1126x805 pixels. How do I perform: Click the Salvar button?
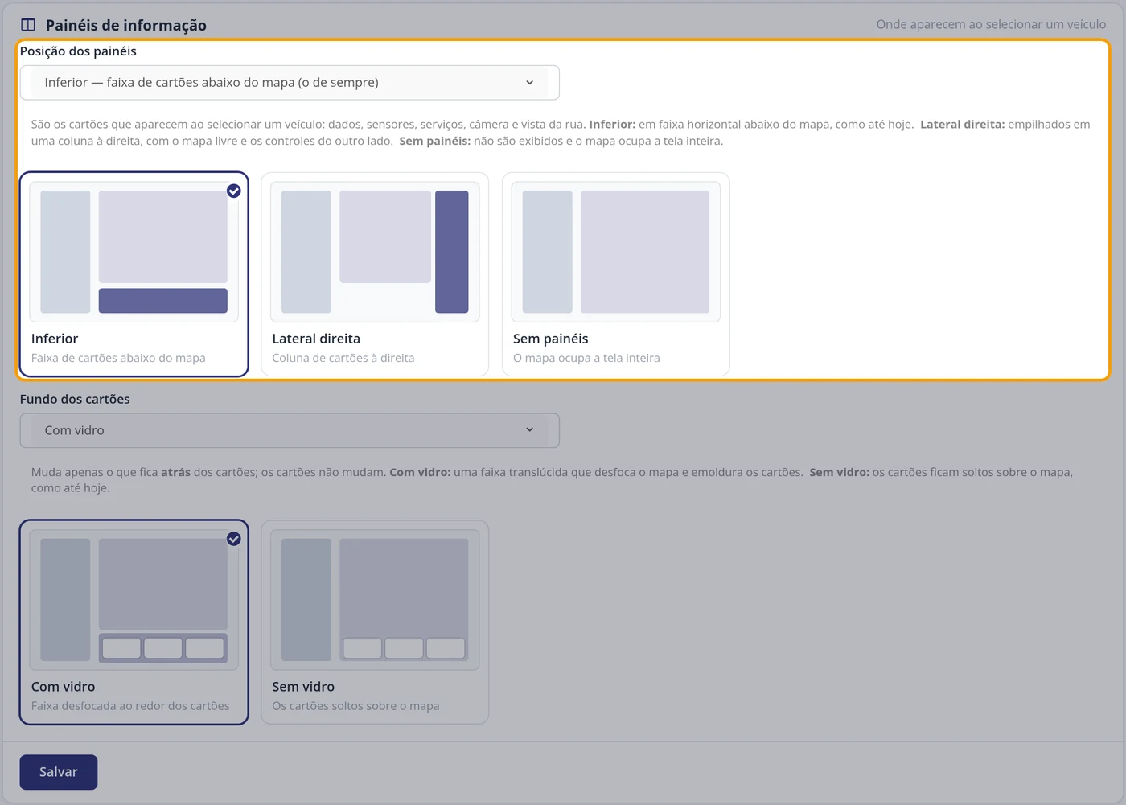click(58, 772)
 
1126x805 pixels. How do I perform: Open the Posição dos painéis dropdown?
click(290, 82)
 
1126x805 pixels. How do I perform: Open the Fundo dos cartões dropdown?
click(290, 430)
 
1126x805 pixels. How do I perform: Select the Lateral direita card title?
click(316, 339)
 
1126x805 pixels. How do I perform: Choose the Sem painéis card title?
click(550, 339)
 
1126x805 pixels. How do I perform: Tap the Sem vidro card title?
click(303, 687)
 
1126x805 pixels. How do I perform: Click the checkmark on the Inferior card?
click(234, 191)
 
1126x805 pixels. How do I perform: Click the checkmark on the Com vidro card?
click(234, 539)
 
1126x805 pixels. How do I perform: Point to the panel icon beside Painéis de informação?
click(28, 25)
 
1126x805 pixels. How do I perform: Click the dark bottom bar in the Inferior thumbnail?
click(162, 301)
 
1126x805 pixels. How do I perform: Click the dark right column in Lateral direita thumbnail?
click(452, 252)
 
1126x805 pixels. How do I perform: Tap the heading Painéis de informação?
click(126, 25)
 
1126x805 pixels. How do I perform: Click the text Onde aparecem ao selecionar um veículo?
click(991, 25)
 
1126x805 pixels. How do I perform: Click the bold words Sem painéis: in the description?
click(435, 142)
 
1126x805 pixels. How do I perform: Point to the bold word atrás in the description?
click(175, 472)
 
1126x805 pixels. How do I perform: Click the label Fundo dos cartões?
click(75, 399)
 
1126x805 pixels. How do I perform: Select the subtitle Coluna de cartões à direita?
click(343, 358)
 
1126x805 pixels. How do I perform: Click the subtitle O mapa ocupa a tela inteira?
click(586, 358)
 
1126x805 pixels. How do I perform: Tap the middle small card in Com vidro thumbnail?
click(162, 648)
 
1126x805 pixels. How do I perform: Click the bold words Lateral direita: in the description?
click(962, 124)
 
